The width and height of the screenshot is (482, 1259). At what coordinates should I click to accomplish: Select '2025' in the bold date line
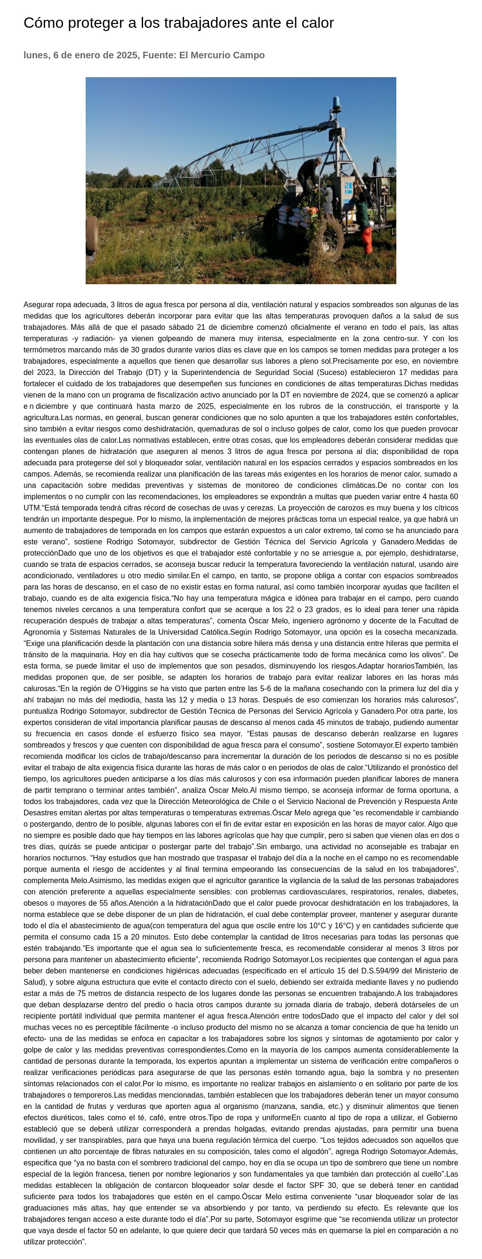coord(127,55)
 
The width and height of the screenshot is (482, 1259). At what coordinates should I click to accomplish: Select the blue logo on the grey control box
coord(348,188)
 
